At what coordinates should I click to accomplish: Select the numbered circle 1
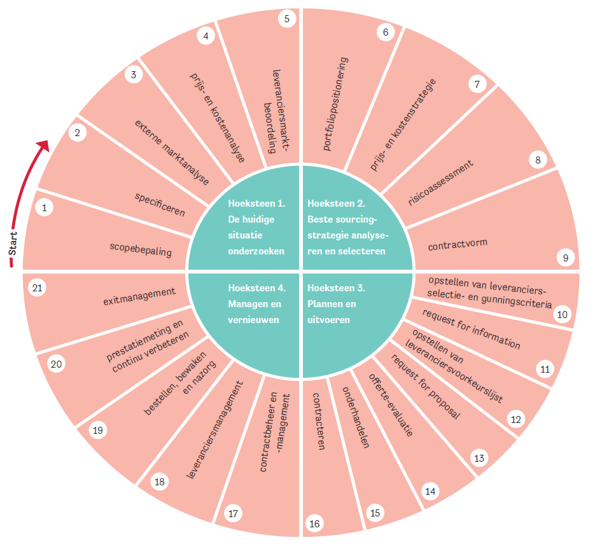tap(44, 207)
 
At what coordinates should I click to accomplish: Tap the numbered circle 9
tap(565, 258)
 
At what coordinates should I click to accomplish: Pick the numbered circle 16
tap(314, 523)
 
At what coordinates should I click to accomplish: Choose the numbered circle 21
tap(38, 289)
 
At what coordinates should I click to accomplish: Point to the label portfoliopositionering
tap(335, 104)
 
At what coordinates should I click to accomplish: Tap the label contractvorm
tap(458, 245)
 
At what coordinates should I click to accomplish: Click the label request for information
tap(472, 329)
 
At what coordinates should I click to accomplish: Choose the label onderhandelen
tap(356, 417)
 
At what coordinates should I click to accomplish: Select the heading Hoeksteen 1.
tap(256, 204)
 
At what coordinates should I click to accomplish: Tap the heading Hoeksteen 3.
tap(335, 287)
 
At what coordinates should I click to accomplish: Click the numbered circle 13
tap(478, 457)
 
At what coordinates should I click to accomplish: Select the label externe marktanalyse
tap(172, 151)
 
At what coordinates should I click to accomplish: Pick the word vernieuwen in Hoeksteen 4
tap(253, 320)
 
